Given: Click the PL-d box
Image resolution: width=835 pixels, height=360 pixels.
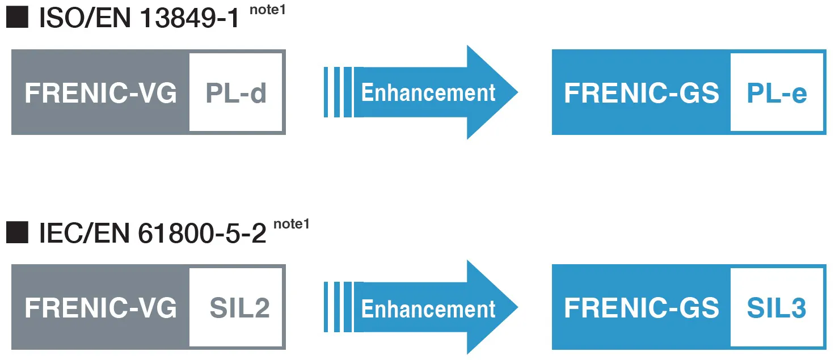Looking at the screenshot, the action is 235,92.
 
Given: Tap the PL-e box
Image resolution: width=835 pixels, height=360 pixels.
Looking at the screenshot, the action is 777,92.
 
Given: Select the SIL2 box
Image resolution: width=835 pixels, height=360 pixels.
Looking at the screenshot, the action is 235,307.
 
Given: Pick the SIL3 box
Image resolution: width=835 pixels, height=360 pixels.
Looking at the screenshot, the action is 777,307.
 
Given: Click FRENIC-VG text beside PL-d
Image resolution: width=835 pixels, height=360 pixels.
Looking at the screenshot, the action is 100,93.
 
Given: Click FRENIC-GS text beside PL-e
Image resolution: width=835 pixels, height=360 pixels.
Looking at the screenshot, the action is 642,93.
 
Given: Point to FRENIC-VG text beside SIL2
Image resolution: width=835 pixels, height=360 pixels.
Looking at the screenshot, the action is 100,308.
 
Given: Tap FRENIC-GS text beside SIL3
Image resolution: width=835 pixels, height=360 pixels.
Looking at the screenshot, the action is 642,308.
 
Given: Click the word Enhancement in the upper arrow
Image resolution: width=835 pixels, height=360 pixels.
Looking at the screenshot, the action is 428,92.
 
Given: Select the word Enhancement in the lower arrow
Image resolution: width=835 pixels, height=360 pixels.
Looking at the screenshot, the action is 428,309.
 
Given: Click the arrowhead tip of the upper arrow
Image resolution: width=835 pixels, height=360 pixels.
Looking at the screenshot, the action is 518,92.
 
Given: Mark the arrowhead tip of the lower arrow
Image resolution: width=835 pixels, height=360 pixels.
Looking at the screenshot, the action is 518,307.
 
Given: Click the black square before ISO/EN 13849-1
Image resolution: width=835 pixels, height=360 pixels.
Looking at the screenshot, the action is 17,17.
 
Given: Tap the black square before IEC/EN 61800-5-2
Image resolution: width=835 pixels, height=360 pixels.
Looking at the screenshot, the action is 17,232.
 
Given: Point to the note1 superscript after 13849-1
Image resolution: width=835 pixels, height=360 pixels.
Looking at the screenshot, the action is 268,10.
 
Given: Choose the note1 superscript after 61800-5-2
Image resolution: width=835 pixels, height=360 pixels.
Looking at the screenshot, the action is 292,224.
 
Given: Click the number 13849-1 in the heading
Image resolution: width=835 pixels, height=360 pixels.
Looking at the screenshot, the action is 189,18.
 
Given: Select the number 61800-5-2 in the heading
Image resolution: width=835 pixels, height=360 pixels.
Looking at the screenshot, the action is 202,234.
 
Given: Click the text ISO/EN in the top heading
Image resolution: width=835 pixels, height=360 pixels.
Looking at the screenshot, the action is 85,18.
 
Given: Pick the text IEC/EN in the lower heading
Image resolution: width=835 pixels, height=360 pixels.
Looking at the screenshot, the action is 85,234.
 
